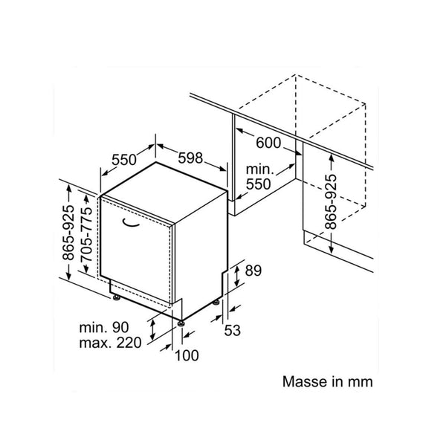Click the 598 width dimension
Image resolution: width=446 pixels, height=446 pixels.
(190, 158)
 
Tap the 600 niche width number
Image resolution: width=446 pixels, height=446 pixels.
(268, 143)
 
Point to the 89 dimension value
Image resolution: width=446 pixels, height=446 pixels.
(253, 271)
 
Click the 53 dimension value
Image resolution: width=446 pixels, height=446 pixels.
(233, 330)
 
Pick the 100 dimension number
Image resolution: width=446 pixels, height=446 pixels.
(187, 355)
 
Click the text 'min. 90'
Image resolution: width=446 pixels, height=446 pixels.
(104, 327)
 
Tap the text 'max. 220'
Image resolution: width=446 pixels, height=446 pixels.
(110, 343)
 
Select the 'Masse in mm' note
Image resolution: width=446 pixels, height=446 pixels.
(327, 381)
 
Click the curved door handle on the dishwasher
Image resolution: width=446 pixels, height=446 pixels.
(131, 224)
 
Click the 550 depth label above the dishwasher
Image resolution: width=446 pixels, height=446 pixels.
(124, 160)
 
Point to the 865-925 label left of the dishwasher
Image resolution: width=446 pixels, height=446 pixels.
(68, 233)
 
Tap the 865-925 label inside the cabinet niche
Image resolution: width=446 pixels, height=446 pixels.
(331, 202)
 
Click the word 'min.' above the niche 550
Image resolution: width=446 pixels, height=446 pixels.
(259, 169)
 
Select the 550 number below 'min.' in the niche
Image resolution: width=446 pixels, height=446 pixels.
(258, 184)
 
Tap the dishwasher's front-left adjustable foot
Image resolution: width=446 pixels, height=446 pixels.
(116, 297)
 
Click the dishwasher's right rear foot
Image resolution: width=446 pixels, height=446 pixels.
(216, 303)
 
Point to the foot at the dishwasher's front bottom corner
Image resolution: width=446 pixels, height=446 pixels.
(181, 323)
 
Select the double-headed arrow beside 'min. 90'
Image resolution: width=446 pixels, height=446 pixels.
(152, 329)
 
